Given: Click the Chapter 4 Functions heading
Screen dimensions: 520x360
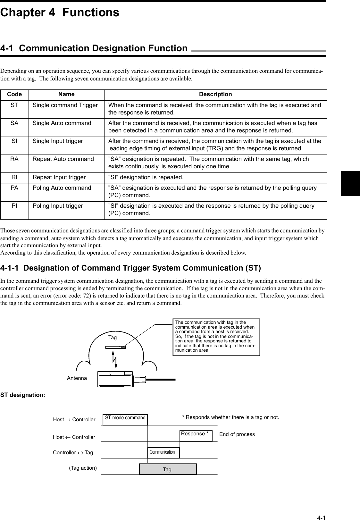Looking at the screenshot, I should click(60, 13).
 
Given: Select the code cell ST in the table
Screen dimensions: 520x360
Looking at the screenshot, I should click(14, 105).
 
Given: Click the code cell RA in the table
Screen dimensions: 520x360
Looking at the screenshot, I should click(14, 159).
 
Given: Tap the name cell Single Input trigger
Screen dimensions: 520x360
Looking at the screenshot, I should click(58, 141).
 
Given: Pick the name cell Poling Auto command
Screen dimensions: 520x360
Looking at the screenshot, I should click(62, 188).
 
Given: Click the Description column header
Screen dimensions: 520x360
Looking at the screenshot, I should click(215, 94).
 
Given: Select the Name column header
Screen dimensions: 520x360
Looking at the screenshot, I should click(66, 94).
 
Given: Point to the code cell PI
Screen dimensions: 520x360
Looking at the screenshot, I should click(14, 206).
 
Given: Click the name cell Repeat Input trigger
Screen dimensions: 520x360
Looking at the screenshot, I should click(59, 177).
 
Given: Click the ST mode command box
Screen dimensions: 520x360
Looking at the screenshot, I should click(125, 418).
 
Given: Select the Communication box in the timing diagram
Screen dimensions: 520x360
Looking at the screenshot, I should click(163, 452).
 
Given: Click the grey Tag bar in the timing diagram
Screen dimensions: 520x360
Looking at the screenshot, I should click(168, 469).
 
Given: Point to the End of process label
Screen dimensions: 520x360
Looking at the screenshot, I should click(237, 434).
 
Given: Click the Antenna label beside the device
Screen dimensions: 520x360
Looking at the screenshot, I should click(77, 378).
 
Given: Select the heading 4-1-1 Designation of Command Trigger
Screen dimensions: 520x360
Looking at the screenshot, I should click(130, 268).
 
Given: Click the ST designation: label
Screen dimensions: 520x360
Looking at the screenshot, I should click(23, 395).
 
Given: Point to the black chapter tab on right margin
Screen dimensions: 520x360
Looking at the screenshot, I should click(350, 183).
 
